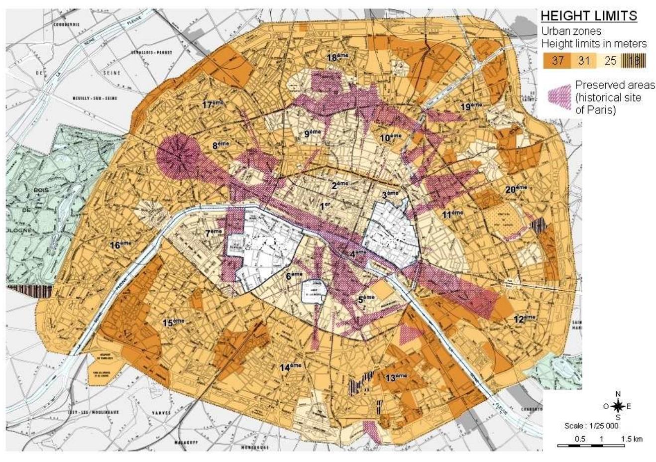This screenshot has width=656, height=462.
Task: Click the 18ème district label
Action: tap(339, 57)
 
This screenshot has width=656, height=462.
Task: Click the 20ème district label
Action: tap(516, 189)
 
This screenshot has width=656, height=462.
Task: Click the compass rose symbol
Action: tap(618, 406)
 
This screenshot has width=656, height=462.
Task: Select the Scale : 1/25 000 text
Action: tap(591, 426)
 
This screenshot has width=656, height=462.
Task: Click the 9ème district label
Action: tap(313, 133)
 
